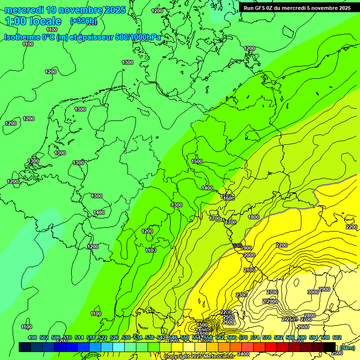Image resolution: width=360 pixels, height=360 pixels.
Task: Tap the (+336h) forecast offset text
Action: [x=83, y=21]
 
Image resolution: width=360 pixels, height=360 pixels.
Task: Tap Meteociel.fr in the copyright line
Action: [x=218, y=357]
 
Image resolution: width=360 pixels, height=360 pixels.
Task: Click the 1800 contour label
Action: [x=254, y=217]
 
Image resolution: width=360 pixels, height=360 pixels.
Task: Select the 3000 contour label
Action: [x=313, y=292]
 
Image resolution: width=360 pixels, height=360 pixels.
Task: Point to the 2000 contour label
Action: [x=249, y=255]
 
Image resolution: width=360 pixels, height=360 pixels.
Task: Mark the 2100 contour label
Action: [x=249, y=270]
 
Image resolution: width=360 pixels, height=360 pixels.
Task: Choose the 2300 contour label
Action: [x=241, y=295]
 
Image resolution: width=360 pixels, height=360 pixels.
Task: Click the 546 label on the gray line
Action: [x=238, y=246]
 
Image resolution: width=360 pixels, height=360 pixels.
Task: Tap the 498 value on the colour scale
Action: [x=32, y=338]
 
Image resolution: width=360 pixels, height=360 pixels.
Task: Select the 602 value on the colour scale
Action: [x=337, y=338]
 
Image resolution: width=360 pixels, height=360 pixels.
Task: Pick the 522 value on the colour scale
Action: [x=103, y=338]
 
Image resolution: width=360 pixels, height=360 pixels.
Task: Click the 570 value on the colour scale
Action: [x=243, y=338]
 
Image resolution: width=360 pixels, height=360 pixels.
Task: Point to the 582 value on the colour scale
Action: [x=278, y=338]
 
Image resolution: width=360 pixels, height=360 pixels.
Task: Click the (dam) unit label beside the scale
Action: [x=347, y=347]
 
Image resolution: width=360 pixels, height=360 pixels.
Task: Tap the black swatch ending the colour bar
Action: [x=330, y=347]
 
